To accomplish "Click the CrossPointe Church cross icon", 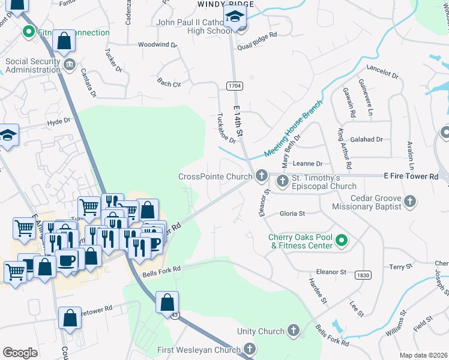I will click(261, 176).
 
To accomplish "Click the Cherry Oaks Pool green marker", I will click(342, 241).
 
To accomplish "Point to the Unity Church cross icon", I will click(293, 331).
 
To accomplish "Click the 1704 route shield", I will click(235, 86).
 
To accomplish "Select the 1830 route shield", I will click(362, 275).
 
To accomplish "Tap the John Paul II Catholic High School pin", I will click(235, 20).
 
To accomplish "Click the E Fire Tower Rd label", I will click(411, 176).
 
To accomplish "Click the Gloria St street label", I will click(292, 213).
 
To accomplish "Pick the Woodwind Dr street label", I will click(157, 44).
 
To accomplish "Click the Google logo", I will click(20, 353).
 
